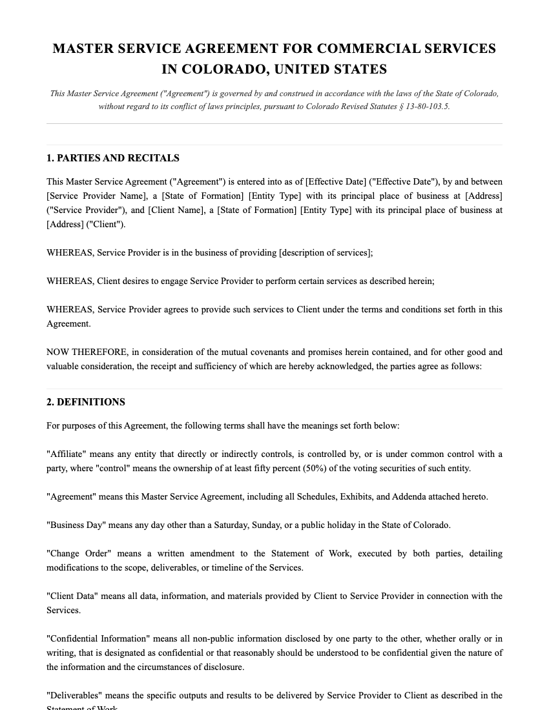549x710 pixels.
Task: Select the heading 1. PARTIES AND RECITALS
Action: [113, 158]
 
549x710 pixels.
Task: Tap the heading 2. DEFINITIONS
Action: [86, 402]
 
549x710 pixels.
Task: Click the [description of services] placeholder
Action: [326, 253]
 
